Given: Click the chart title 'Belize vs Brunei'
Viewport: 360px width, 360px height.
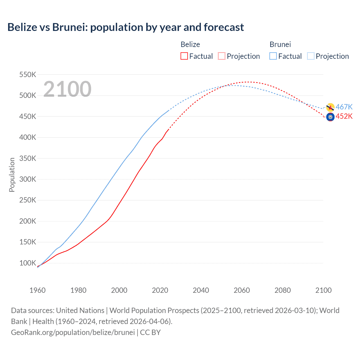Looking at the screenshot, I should click(125, 27).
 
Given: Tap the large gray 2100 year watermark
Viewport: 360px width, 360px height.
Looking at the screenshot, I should click(67, 89).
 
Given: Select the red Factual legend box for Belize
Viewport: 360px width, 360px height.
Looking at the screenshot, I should click(184, 56).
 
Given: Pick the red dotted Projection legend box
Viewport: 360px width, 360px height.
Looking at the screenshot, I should click(222, 56).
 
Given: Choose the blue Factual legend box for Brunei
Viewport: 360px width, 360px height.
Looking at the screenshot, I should click(273, 56).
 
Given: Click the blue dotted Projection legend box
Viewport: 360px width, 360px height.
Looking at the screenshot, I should click(310, 56).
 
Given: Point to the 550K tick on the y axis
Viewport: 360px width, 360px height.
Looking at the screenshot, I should click(28, 75).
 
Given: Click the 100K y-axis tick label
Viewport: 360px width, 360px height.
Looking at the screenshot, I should click(28, 263).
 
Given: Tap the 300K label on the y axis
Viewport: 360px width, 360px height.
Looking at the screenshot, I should click(28, 179).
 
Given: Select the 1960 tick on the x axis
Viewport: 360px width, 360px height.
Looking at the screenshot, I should click(37, 290).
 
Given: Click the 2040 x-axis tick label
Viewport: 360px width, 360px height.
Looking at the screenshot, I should click(201, 290).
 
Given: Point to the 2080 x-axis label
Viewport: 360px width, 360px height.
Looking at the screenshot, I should click(283, 290).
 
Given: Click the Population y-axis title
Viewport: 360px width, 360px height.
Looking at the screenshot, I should click(12, 175).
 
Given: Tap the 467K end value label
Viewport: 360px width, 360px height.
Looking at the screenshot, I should click(344, 107).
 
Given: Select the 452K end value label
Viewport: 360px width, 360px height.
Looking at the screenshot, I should click(344, 116).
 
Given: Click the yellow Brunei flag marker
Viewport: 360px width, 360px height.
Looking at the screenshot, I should click(330, 107).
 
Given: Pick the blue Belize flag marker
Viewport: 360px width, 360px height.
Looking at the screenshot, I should click(330, 117).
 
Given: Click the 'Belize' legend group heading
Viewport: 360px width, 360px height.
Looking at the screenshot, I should click(190, 44).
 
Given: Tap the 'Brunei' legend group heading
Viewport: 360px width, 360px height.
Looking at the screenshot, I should click(280, 44).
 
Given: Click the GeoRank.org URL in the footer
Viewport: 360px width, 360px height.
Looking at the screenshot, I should click(73, 332).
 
